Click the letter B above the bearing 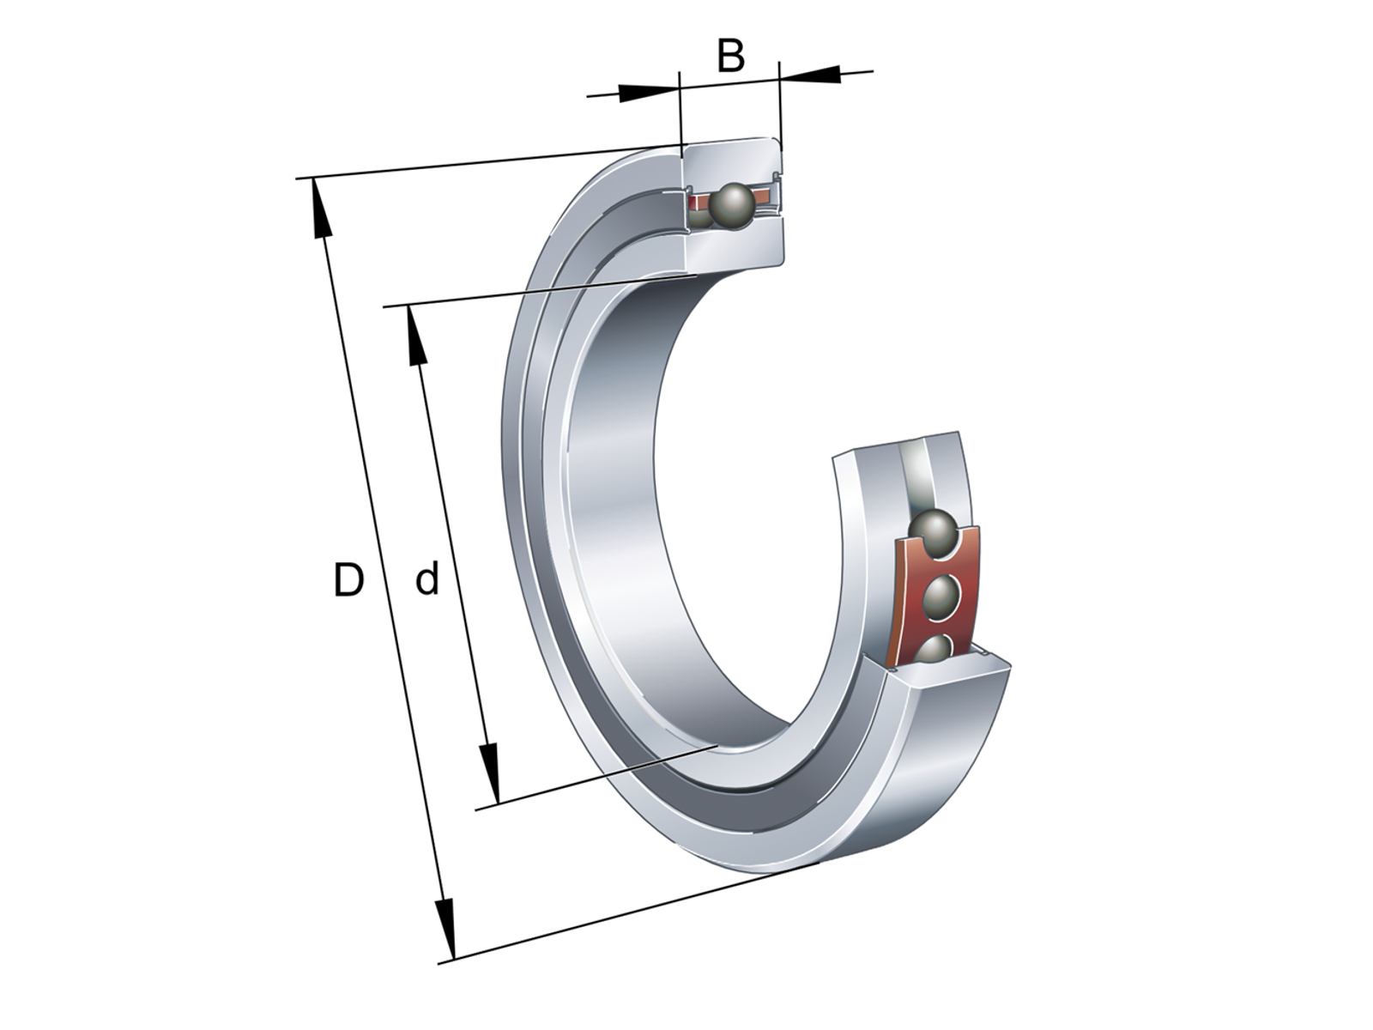730,56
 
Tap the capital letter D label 348,579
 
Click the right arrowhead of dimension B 809,75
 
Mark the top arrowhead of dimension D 319,208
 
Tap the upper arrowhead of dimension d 416,336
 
